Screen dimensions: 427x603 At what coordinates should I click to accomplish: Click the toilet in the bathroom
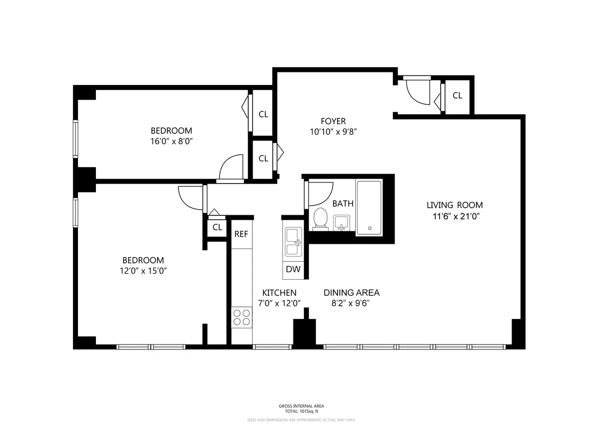coord(320,219)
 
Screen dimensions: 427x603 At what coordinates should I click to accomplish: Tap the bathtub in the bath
coord(369,207)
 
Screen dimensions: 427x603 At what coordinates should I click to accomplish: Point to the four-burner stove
coord(242,317)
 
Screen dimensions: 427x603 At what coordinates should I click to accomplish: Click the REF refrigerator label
coord(241,234)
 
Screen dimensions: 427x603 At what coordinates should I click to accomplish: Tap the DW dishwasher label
coord(293,269)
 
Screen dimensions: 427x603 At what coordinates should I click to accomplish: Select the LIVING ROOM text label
coord(454,205)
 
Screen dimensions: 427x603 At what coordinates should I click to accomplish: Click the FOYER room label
coord(333,121)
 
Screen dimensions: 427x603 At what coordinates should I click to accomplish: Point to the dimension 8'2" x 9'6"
coord(351,303)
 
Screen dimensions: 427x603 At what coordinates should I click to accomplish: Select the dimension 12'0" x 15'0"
coord(143,271)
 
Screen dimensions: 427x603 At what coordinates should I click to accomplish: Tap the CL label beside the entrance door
coord(457,96)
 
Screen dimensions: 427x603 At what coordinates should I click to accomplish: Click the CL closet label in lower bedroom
coord(217,227)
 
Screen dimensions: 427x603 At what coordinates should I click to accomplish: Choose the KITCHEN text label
coord(279,293)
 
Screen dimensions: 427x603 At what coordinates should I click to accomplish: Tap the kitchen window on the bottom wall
coord(272,347)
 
